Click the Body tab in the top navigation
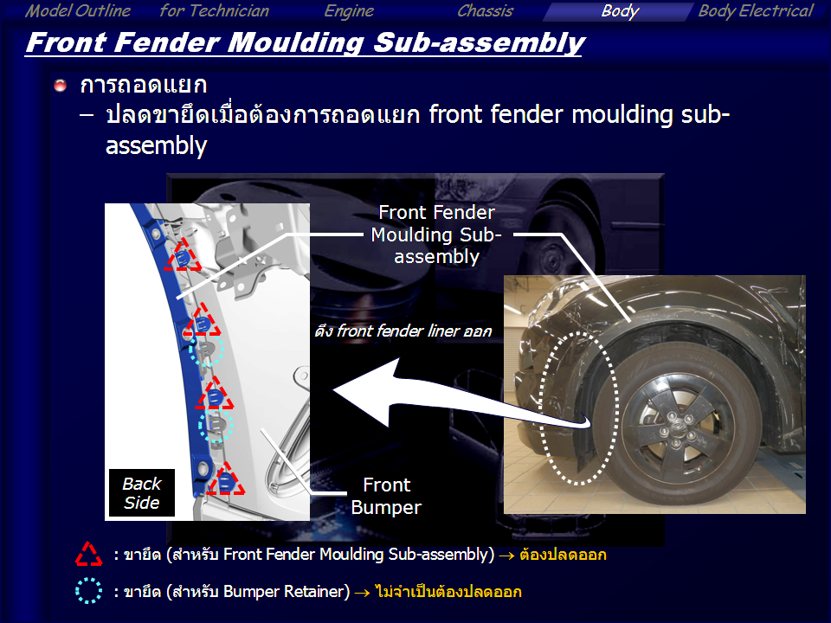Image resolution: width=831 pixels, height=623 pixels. pyautogui.click(x=620, y=11)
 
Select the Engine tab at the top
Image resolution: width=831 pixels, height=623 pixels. pyautogui.click(x=349, y=11)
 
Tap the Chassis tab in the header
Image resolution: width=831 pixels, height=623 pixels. pyautogui.click(x=485, y=11)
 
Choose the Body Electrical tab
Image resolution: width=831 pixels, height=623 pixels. pyautogui.click(x=756, y=11)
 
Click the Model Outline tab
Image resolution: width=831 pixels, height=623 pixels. pyautogui.click(x=78, y=11)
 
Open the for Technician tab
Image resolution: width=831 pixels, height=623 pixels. pyautogui.click(x=214, y=11)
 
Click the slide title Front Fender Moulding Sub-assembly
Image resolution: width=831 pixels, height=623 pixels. pyautogui.click(x=306, y=42)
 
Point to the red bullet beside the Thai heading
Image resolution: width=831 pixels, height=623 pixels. pyautogui.click(x=60, y=86)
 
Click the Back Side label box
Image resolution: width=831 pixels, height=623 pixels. pyautogui.click(x=141, y=492)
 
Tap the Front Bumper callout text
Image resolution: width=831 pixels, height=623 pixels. pyautogui.click(x=386, y=496)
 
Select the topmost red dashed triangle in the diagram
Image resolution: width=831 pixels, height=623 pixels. pyautogui.click(x=183, y=254)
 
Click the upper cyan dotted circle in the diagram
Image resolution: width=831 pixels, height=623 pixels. pyautogui.click(x=207, y=349)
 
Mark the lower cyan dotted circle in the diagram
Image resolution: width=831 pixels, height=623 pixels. pyautogui.click(x=216, y=424)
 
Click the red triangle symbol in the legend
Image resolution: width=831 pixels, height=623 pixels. pyautogui.click(x=88, y=554)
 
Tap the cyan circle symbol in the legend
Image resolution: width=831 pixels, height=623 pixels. pyautogui.click(x=88, y=591)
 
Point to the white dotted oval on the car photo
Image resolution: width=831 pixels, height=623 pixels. pyautogui.click(x=579, y=408)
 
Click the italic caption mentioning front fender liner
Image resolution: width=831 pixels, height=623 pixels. pyautogui.click(x=403, y=331)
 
